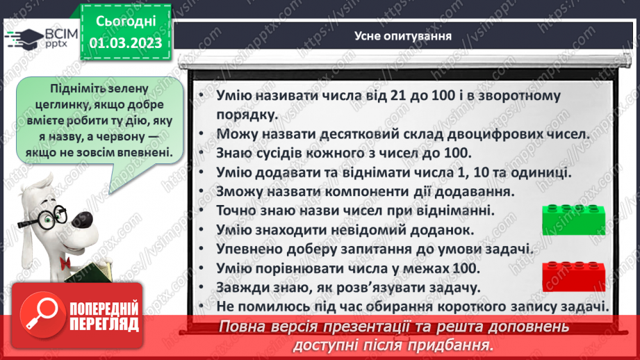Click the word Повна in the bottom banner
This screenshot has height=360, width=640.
[x=244, y=327]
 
